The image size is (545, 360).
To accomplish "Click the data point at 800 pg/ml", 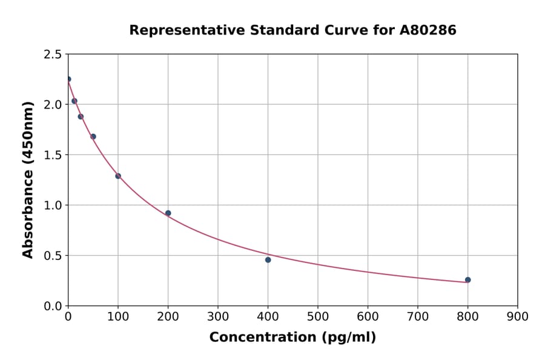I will pyautogui.click(x=467, y=280).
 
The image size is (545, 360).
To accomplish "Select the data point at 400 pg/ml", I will pyautogui.click(x=268, y=260).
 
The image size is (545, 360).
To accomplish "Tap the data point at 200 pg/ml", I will pyautogui.click(x=168, y=213).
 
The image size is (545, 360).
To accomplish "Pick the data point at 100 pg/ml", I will pyautogui.click(x=118, y=176).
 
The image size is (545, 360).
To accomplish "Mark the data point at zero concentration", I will pyautogui.click(x=68, y=79).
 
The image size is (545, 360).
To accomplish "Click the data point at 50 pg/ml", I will pyautogui.click(x=93, y=137).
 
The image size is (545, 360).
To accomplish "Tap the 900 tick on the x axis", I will pyautogui.click(x=517, y=316).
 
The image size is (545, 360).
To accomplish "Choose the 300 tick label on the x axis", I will pyautogui.click(x=218, y=316).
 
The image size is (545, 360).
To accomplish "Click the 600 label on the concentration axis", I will pyautogui.click(x=368, y=316).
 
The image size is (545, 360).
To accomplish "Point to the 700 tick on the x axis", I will pyautogui.click(x=417, y=316).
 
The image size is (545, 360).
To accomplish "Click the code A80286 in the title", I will pyautogui.click(x=428, y=30).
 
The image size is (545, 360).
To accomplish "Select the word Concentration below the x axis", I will pyautogui.click(x=263, y=338).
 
